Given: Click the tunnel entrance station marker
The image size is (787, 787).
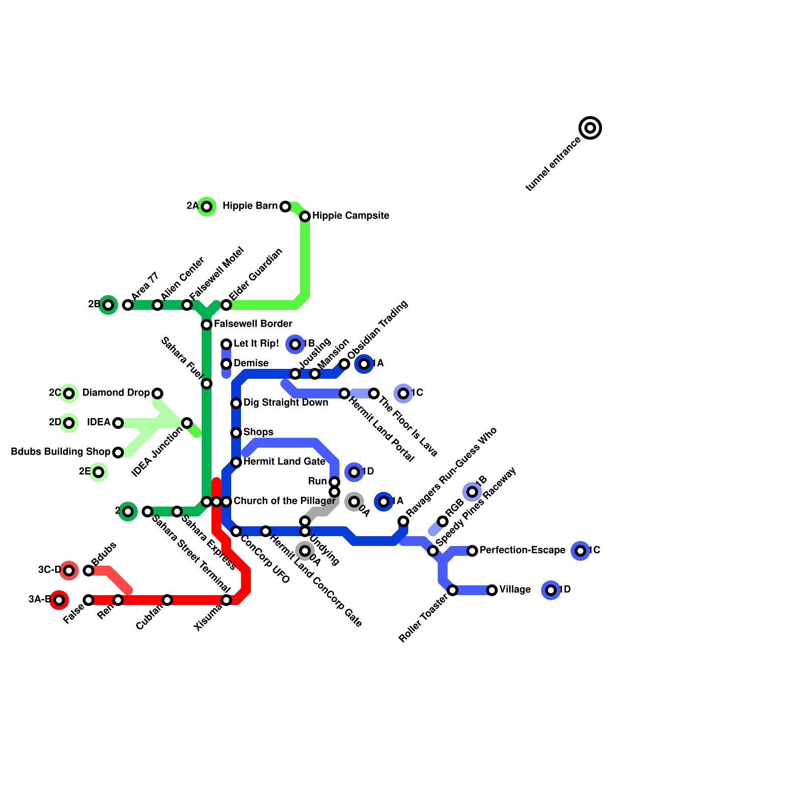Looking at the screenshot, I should point(590,128).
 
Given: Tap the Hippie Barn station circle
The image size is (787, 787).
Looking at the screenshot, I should point(285,207).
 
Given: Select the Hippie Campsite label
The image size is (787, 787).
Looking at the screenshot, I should point(351,216).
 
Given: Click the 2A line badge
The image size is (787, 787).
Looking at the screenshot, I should point(207,207).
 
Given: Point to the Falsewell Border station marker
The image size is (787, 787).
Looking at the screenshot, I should point(207,325).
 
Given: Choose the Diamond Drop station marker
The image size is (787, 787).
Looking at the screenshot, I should point(157,393).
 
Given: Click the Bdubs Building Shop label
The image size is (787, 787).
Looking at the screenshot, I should point(61,452).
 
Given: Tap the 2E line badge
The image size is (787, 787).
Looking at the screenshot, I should point(98,472).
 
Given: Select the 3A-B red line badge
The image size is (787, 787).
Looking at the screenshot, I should point(59,600).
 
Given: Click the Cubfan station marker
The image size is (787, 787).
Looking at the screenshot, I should point(167,600).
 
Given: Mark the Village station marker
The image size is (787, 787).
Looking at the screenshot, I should point(492,590).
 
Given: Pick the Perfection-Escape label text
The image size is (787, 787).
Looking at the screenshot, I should point(522,550).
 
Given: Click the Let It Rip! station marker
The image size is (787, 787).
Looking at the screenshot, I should point(226,344).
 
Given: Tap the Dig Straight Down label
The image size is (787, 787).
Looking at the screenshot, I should point(285,403).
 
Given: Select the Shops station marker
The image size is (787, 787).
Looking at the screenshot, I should point(236,433).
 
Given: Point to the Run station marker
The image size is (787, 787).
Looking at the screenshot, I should point(334,482).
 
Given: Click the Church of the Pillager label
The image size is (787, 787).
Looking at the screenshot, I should point(284,501).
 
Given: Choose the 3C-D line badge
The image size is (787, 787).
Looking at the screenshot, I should point(69,571).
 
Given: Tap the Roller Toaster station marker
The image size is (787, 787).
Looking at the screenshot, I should point(453,590).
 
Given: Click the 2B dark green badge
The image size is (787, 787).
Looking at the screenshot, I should point(108,305).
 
